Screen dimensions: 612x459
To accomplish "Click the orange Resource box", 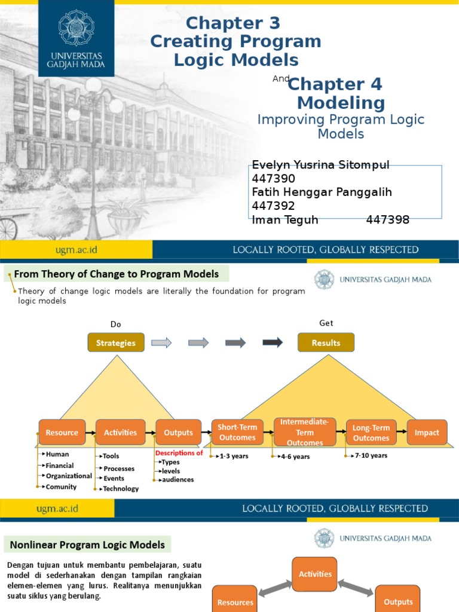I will point(62,433).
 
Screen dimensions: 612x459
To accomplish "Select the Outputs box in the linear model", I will point(178,433).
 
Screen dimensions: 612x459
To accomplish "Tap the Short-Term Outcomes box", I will point(237,433).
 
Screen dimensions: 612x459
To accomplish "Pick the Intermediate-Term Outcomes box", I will point(305,432).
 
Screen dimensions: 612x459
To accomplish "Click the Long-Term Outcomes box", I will point(371,433).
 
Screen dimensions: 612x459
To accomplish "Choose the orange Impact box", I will point(427,433).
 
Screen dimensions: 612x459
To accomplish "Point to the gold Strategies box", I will point(116,343).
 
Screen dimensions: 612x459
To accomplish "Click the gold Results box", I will point(326,343).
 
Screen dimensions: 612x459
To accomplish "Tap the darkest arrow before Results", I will point(273,342).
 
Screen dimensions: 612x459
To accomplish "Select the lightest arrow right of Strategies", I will point(161,342).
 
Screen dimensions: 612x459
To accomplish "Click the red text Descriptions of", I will point(179,453).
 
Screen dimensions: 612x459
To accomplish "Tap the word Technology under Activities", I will point(121,488).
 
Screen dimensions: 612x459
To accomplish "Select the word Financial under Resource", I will point(60,466).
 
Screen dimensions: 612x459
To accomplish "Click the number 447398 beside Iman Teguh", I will point(387,220).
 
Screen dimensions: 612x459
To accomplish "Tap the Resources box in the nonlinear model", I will point(235,602).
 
